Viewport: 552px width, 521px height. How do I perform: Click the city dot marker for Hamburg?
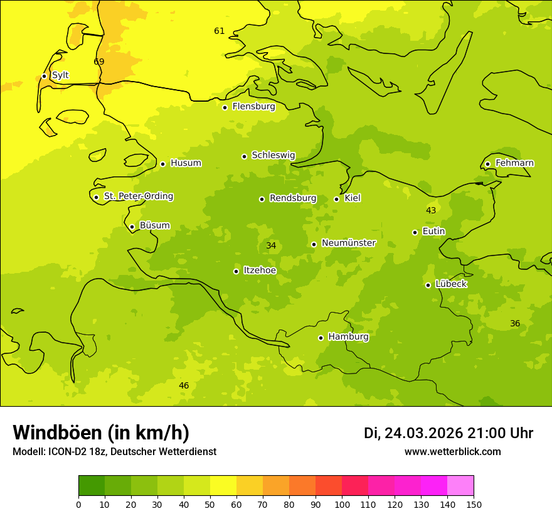(321, 338)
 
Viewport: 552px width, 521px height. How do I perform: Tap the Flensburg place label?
(253, 107)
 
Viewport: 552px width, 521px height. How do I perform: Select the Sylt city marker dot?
(44, 76)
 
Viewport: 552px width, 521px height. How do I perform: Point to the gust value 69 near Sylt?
(98, 62)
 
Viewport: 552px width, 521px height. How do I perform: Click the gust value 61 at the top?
(219, 31)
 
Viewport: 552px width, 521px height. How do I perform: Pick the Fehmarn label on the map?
(514, 163)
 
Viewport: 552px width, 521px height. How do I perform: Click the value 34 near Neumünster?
(271, 245)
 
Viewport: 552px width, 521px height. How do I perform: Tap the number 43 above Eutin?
(431, 210)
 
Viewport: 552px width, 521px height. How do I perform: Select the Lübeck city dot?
(428, 285)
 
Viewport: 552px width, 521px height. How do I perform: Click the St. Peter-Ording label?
(138, 196)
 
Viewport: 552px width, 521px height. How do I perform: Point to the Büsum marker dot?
(132, 227)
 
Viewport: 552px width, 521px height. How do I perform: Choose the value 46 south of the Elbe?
(184, 385)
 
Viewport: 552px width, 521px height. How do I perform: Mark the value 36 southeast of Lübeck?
(515, 323)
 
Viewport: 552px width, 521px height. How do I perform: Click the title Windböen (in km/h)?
(101, 432)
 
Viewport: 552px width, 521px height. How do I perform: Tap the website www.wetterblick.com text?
(452, 451)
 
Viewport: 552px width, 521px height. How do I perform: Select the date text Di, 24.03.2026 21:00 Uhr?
(449, 433)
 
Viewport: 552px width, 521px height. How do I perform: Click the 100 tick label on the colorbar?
(342, 504)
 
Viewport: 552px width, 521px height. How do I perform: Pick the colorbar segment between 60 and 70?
(250, 486)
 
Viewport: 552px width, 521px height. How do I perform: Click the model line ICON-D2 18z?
(114, 451)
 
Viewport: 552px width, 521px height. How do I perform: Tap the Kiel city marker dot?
(336, 199)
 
